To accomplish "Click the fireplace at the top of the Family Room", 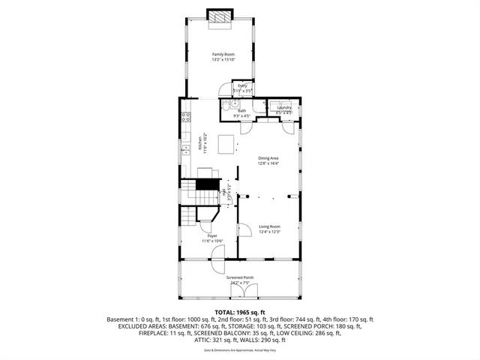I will (220, 18).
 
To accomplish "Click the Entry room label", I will (242, 86).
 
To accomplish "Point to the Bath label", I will (241, 111).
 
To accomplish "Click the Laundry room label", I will (283, 107).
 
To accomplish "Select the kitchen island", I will (223, 142).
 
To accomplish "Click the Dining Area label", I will (268, 158).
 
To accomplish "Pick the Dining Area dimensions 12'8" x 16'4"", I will (268, 163).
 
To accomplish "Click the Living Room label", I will (269, 226).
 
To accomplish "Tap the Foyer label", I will (212, 235).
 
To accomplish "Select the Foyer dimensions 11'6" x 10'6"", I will (212, 241).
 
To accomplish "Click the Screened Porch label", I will (240, 277).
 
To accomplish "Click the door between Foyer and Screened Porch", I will (217, 264).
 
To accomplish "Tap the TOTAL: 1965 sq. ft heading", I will (240, 311).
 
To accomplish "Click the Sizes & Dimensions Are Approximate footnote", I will (240, 350).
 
